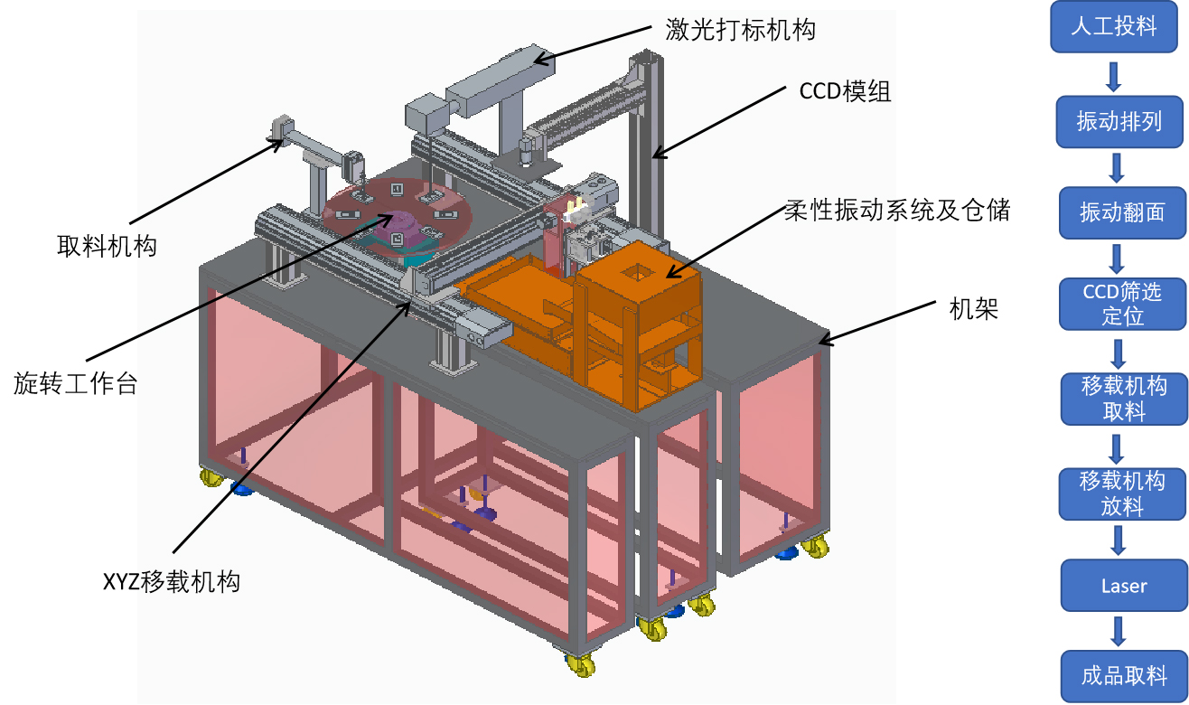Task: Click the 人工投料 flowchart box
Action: [x=1113, y=27]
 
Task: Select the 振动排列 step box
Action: [x=1119, y=121]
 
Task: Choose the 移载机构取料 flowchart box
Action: [x=1123, y=399]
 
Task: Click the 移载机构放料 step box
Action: [x=1122, y=493]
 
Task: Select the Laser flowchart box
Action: [x=1123, y=586]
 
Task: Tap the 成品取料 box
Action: [x=1123, y=675]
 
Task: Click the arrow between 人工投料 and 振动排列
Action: [x=1114, y=76]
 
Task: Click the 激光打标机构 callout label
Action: [x=740, y=30]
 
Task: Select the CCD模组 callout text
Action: [x=845, y=91]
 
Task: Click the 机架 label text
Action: [x=973, y=310]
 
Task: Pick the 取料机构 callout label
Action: [x=107, y=245]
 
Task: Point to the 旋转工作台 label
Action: [x=76, y=383]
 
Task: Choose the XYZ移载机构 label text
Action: [x=172, y=581]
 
